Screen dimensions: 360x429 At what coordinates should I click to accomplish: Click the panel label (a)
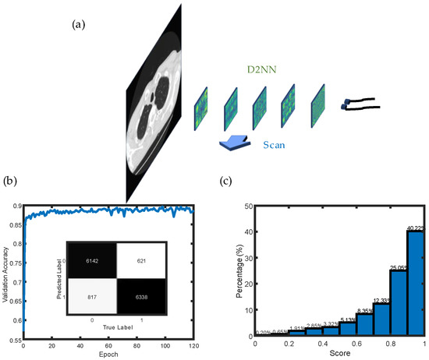(78, 24)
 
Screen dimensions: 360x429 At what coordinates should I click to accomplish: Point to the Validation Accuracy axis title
(8, 270)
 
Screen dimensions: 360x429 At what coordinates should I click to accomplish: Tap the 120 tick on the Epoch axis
(190, 345)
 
